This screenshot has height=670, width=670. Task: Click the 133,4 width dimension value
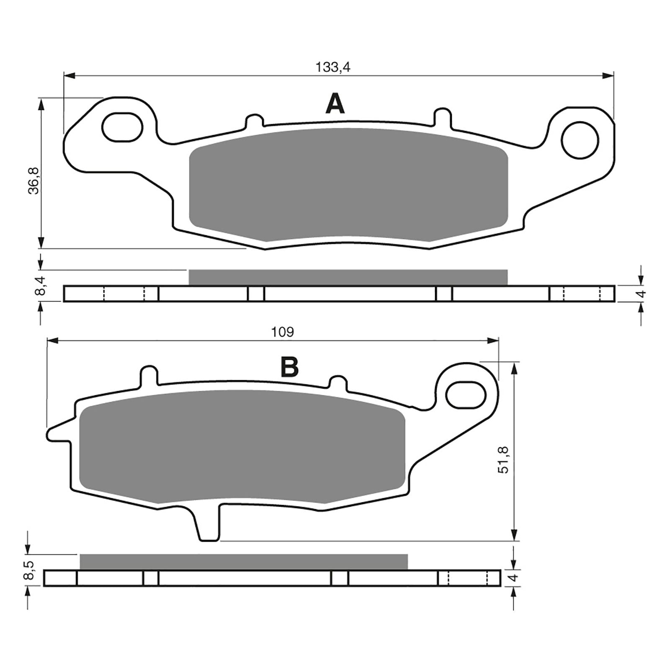[332, 67]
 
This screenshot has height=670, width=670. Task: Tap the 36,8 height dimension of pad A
[33, 180]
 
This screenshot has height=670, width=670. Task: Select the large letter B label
[289, 367]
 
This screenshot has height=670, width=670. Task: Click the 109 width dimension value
[283, 332]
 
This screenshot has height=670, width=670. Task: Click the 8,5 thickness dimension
[28, 571]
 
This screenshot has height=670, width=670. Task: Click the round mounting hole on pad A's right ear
[580, 140]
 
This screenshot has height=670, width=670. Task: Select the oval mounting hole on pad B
[465, 395]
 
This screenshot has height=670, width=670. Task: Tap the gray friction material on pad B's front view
[242, 446]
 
